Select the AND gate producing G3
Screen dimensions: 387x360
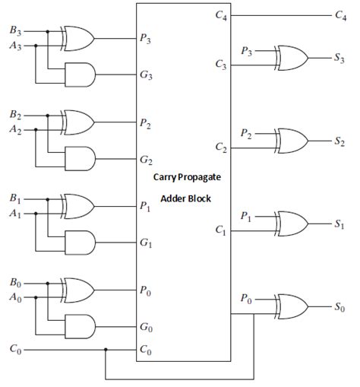tap(80, 74)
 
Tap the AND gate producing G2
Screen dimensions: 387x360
tap(80, 157)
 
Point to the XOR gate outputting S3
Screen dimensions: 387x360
tap(292, 57)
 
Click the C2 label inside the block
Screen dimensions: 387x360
tap(220, 145)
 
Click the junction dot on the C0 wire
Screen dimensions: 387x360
tap(106, 351)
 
